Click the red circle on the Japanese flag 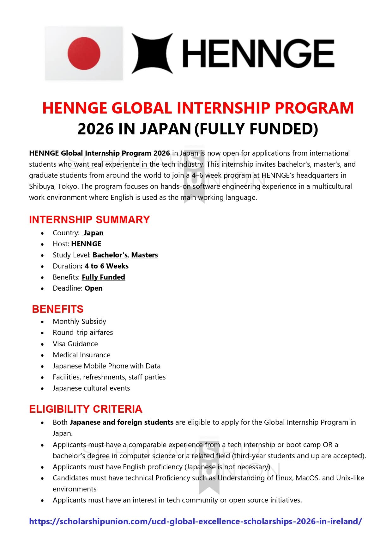point(84,53)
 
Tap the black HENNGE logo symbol point(152,53)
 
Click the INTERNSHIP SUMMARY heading point(89,219)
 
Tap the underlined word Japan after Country point(93,233)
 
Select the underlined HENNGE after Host point(86,244)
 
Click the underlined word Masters point(144,255)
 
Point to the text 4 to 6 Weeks point(106,266)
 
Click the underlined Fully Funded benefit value point(103,277)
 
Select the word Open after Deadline point(93,288)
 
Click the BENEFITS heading point(58,309)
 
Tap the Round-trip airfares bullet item point(83,333)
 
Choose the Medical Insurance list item point(81,355)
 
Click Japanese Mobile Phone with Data point(106,366)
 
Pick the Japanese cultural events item point(91,388)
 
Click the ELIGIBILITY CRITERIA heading point(86,409)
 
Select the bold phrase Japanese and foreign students point(121,422)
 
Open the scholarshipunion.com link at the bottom point(195,521)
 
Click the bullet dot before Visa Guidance point(43,344)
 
